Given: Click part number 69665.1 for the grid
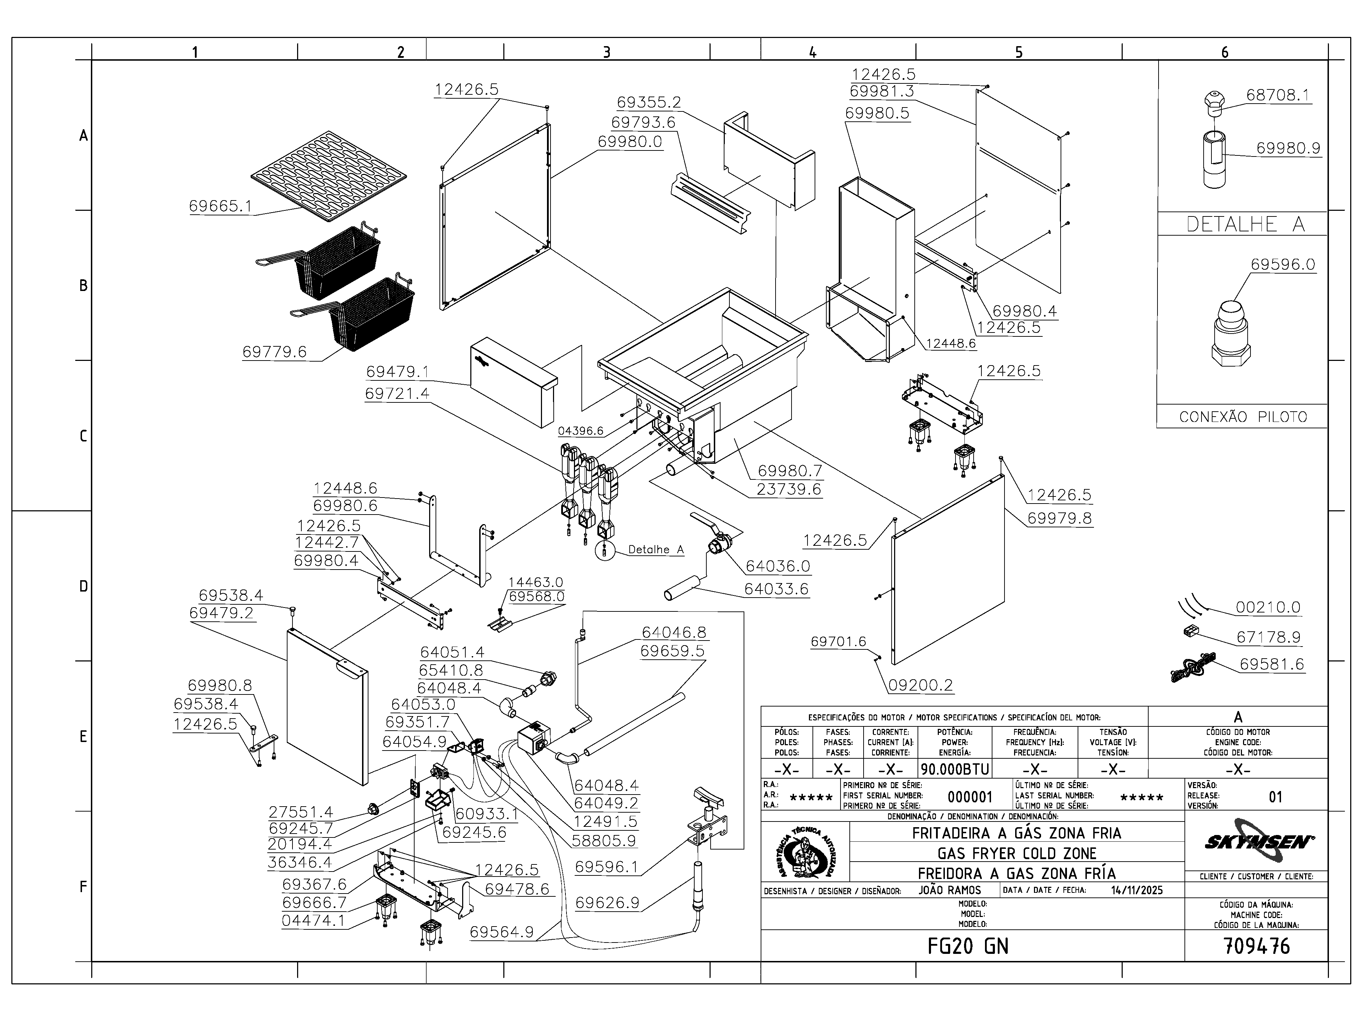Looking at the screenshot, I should (x=220, y=206).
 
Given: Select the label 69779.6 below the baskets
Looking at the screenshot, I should (x=274, y=352).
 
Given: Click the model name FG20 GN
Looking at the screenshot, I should (x=968, y=946).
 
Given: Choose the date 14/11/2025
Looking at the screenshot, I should (x=1137, y=890).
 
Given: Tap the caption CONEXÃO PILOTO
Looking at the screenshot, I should (x=1243, y=417).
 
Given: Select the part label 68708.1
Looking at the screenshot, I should (x=1277, y=95).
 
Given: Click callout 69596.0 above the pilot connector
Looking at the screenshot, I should (x=1283, y=264).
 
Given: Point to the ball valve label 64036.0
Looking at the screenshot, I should (x=778, y=566).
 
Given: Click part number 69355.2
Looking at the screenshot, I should (x=649, y=102).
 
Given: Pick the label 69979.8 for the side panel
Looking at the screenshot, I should (x=1059, y=518).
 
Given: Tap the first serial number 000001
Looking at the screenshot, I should (x=970, y=797).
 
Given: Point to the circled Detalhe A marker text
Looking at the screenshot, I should (x=656, y=549).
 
